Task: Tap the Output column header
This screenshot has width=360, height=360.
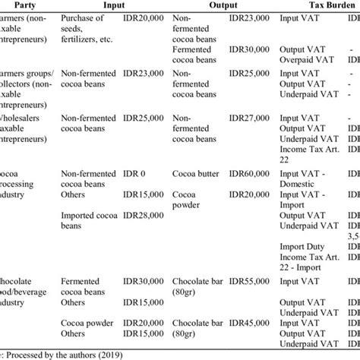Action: [x=220, y=5]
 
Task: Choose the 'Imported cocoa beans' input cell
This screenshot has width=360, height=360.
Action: [x=84, y=221]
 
